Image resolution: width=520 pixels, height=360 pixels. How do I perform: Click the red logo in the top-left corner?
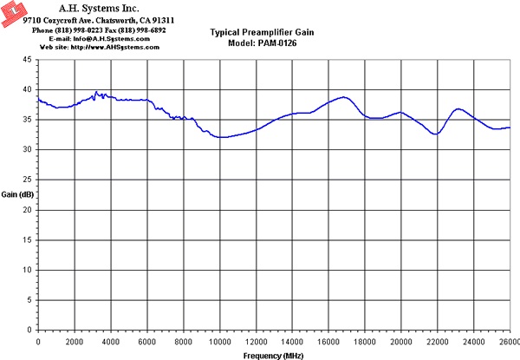coord(14,13)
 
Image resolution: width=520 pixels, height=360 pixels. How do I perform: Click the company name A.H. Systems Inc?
coord(99,8)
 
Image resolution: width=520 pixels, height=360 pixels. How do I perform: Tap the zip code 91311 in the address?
coord(163,21)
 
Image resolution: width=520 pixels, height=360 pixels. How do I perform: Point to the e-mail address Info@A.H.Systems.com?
coord(112,39)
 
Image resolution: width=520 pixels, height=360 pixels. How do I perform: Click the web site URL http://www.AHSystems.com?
coord(115,47)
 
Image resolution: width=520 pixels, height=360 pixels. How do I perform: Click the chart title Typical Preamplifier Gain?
coord(262,32)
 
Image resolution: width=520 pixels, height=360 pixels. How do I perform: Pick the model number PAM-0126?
coord(277,43)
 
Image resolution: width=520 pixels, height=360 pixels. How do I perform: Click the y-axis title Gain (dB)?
coord(17,194)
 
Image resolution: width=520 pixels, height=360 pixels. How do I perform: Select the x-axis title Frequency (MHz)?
coord(273,356)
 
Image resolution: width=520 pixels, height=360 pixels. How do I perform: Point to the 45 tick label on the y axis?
coord(27,60)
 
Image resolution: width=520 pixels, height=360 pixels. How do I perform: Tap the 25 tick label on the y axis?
coord(27,180)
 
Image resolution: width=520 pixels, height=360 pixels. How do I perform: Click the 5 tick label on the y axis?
coord(29,300)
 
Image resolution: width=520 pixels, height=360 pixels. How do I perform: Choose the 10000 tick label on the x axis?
coord(219,342)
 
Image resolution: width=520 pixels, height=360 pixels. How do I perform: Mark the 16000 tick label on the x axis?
coord(328,342)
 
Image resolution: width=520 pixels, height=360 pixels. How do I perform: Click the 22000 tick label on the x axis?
coord(437,342)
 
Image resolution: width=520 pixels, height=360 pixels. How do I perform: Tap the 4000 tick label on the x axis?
coord(111,342)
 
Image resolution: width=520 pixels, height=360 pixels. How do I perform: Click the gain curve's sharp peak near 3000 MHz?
coord(96,92)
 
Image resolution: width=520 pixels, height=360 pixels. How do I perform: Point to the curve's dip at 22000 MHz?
coord(436,134)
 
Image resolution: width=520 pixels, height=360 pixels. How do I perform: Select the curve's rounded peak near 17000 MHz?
coord(344,97)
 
